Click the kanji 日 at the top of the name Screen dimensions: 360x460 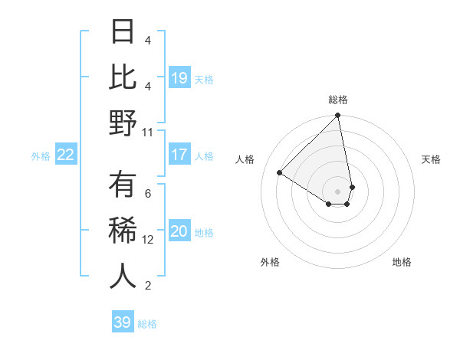tap(123, 33)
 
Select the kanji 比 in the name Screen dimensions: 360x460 tap(123, 78)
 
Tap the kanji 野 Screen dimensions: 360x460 tap(123, 124)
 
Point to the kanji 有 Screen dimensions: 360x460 tap(123, 185)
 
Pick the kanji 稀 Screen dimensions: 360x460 tap(123, 231)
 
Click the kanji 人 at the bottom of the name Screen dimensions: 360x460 tap(123, 277)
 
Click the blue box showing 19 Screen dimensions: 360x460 tap(179, 77)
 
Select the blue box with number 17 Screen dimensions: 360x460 tap(179, 155)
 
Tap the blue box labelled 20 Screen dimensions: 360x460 tap(179, 231)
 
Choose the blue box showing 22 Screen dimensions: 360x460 tap(66, 155)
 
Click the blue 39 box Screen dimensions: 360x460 tap(123, 322)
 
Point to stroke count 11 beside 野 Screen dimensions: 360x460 tap(148, 132)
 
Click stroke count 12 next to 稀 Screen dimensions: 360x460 tap(148, 239)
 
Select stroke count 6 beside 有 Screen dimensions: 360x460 tap(148, 193)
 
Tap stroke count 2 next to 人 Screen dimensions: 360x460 tap(148, 286)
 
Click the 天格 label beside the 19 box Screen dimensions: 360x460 tap(204, 79)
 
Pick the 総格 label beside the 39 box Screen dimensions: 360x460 tap(147, 324)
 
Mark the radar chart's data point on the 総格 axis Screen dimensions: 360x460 tap(337, 116)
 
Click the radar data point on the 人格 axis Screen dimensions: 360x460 tap(280, 173)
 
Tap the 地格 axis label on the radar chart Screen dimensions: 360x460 tap(402, 262)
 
